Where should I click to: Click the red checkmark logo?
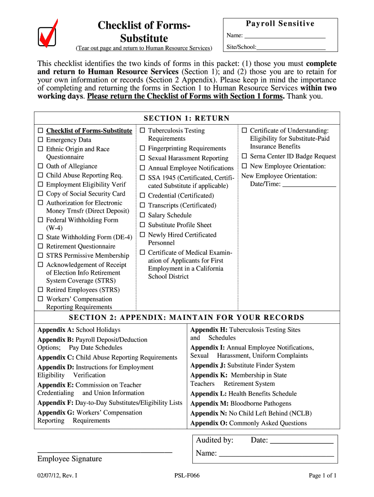(48, 34)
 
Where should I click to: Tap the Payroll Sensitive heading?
(280, 24)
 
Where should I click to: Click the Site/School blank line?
(291, 48)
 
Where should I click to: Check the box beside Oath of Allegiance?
(41, 166)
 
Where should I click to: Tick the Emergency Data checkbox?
(41, 140)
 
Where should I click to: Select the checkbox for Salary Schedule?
(143, 215)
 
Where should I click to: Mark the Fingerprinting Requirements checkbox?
(143, 149)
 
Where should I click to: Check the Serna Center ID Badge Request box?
(245, 156)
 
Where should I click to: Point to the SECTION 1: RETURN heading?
(187, 118)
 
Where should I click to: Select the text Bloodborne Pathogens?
(261, 404)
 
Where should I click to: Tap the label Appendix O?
(209, 423)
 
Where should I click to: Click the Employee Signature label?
(69, 459)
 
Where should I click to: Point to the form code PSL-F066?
(187, 476)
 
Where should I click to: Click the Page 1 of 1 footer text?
(323, 476)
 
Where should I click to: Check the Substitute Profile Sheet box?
(143, 225)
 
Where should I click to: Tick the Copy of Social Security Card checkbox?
(41, 194)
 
